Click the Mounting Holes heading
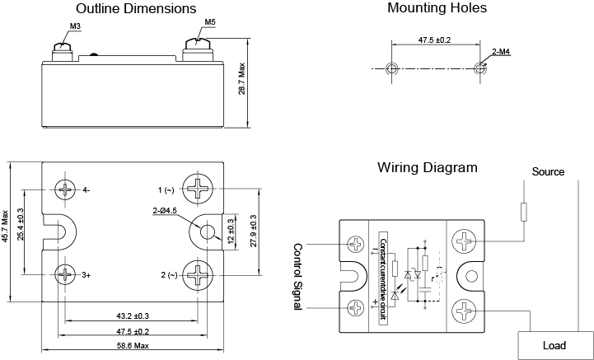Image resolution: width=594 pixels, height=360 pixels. (x=437, y=8)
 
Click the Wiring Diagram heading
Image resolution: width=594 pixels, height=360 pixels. (x=428, y=167)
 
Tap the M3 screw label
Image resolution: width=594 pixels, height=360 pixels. (x=75, y=26)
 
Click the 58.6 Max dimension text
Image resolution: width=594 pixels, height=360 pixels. (x=131, y=346)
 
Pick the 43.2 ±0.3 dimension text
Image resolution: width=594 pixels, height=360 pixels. (x=132, y=316)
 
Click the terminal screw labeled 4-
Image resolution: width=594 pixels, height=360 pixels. (x=66, y=189)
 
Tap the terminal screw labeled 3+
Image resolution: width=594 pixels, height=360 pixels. (x=66, y=273)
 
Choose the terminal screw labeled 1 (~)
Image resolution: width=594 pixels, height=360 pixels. (x=199, y=190)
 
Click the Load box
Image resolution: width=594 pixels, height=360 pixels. (x=554, y=345)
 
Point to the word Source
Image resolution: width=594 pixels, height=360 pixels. (x=548, y=172)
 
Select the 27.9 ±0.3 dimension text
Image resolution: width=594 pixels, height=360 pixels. (x=253, y=231)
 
